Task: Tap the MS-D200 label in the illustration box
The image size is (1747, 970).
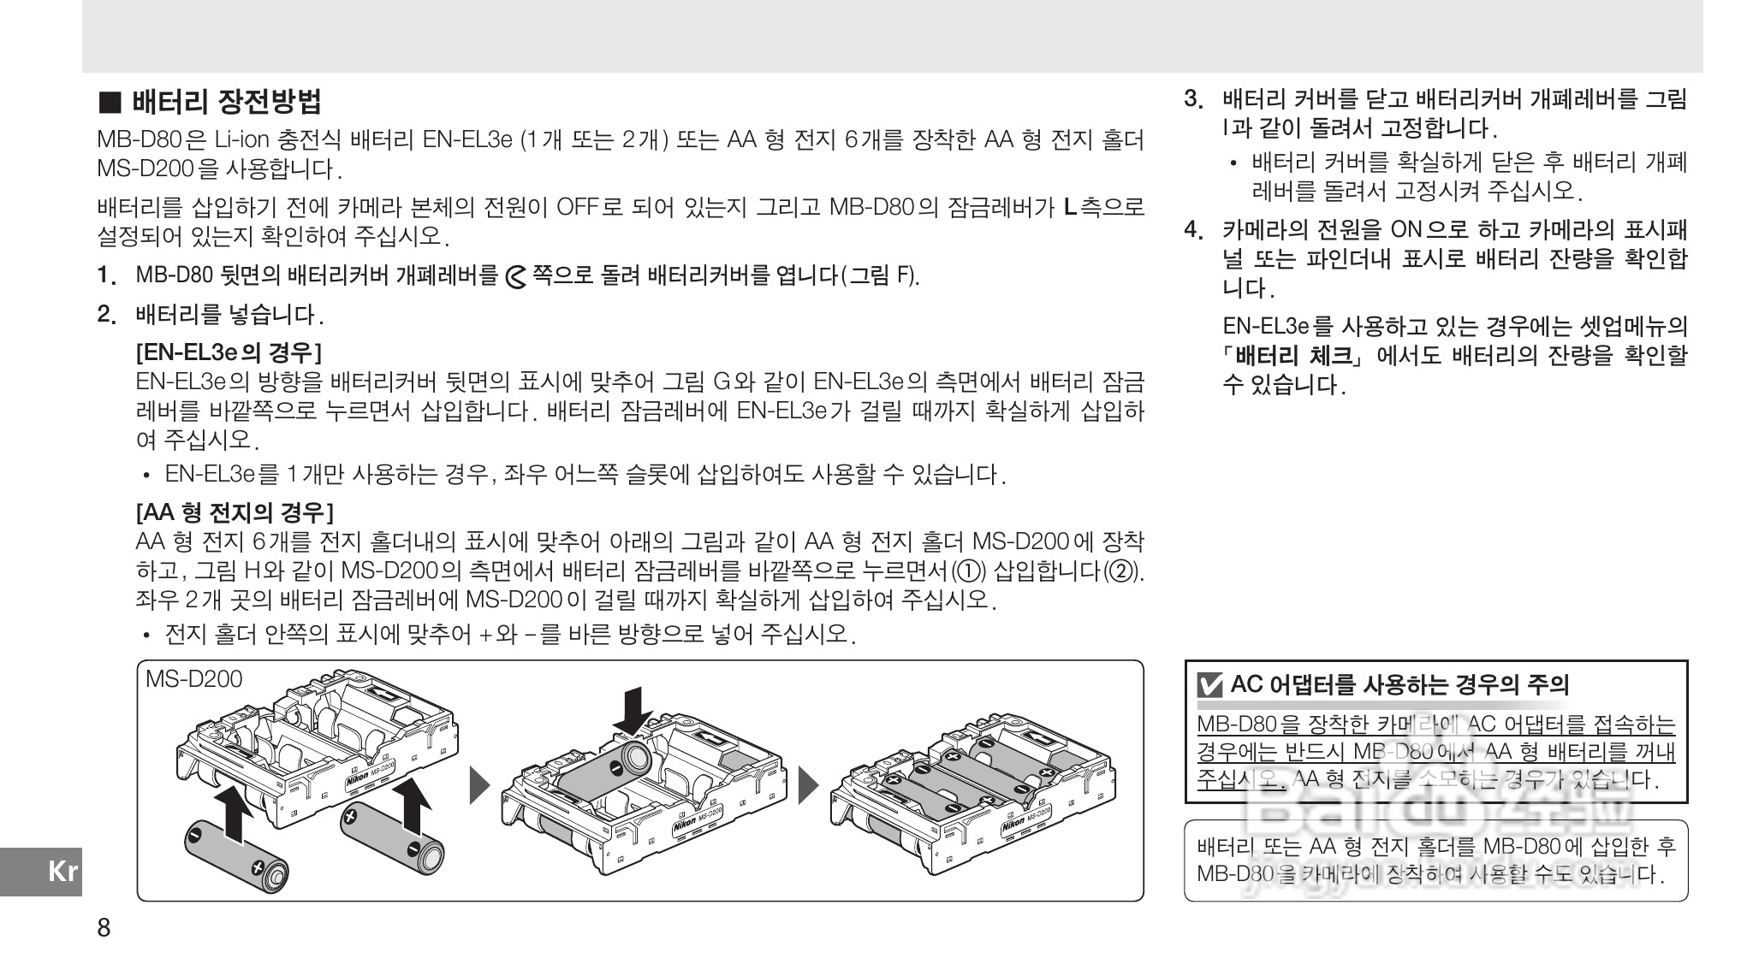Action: tap(194, 679)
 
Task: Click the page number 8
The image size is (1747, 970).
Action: tap(104, 928)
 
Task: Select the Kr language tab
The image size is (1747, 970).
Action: tap(62, 872)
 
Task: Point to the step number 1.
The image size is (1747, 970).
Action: tap(105, 276)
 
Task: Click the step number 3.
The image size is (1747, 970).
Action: tap(1193, 99)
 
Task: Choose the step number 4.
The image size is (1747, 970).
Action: tap(1193, 229)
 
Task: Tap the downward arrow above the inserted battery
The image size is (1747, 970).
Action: tap(633, 709)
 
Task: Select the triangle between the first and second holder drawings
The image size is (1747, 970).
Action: tap(481, 784)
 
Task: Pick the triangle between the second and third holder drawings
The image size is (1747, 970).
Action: tap(809, 784)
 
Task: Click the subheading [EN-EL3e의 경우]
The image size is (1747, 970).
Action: tap(229, 352)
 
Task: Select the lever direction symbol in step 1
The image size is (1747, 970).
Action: tap(516, 277)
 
